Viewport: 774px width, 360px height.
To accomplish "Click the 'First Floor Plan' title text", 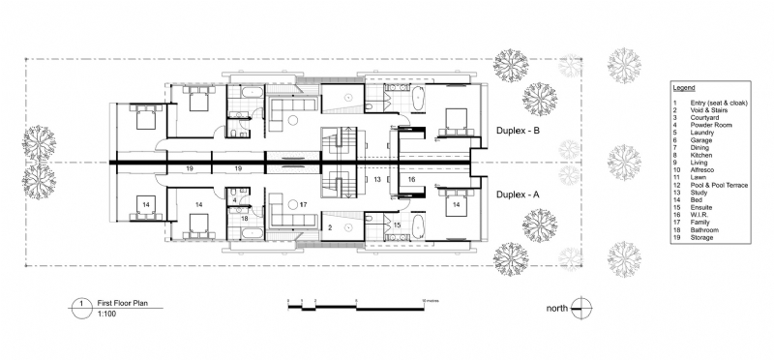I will click(x=120, y=302).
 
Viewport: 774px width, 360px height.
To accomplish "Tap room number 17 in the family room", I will click(x=303, y=204).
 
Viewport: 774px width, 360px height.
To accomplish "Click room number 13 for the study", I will click(x=377, y=180).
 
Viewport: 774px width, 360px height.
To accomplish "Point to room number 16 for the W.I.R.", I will click(x=410, y=180).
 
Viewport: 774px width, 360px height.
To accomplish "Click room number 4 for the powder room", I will click(x=235, y=200).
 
